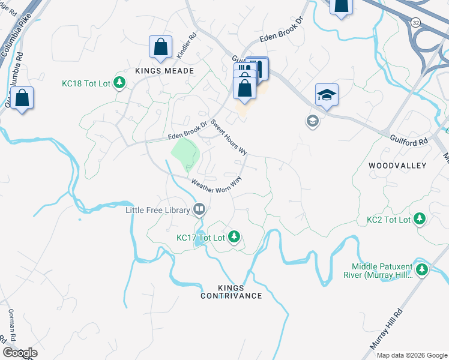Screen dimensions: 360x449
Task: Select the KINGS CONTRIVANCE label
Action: tap(231, 291)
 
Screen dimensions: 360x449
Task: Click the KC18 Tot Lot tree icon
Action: tap(119, 83)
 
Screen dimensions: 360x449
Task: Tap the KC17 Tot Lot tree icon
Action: tap(234, 238)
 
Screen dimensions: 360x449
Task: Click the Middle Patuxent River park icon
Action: tap(422, 271)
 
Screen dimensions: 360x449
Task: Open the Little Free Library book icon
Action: tap(199, 210)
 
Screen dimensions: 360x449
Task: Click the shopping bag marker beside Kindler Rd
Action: tap(161, 47)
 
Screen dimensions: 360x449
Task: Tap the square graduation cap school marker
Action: tap(327, 95)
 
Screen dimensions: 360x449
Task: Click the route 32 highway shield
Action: tap(415, 22)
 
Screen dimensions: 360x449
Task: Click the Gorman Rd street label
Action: tap(11, 325)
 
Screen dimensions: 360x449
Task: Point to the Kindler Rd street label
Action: tap(185, 45)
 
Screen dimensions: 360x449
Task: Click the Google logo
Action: tap(20, 353)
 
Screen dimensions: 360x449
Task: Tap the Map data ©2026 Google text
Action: tap(411, 355)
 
